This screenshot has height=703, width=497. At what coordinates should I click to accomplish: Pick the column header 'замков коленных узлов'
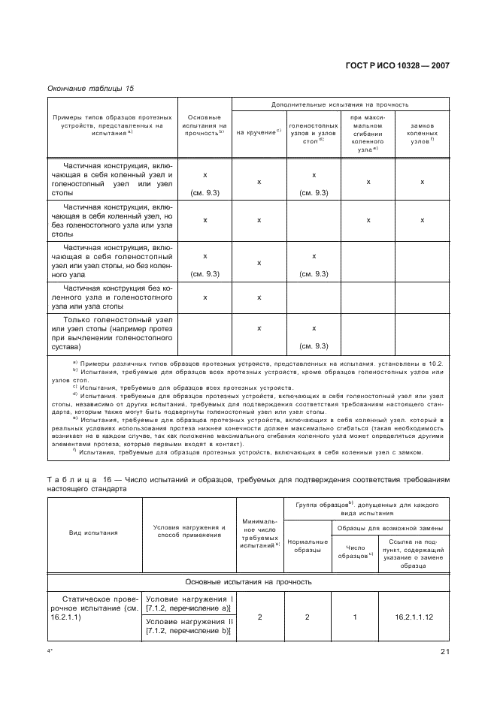click(x=422, y=133)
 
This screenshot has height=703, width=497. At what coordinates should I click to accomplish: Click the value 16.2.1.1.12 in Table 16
click(x=414, y=617)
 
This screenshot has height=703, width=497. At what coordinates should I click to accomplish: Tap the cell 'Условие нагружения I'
click(x=188, y=603)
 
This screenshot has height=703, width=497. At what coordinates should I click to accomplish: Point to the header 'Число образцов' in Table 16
click(x=355, y=551)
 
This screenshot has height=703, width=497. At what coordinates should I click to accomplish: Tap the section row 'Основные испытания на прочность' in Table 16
click(x=248, y=581)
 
